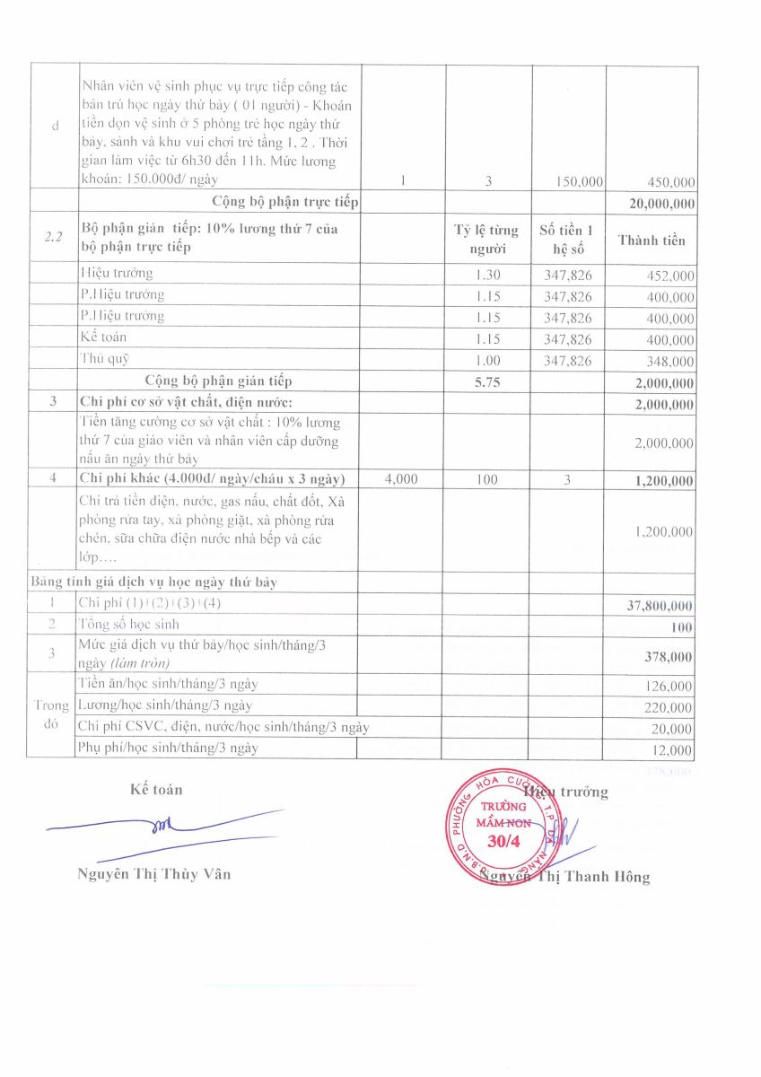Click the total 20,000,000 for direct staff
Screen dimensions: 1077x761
pos(662,204)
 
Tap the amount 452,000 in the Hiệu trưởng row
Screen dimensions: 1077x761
pos(670,276)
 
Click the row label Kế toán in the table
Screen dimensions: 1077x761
pos(103,337)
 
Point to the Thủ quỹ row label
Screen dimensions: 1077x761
pos(105,359)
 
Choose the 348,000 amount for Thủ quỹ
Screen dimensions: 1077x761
pos(670,362)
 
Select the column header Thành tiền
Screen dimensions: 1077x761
pos(652,240)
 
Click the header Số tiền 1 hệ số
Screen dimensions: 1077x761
pos(567,239)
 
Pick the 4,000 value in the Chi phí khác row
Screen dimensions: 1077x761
pos(400,480)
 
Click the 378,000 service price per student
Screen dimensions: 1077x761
pos(669,657)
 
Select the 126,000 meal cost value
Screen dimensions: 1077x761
pos(669,687)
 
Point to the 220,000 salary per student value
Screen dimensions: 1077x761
pos(669,708)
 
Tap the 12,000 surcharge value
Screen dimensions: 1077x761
pos(673,751)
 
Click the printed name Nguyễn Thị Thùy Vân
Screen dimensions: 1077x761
pos(154,874)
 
